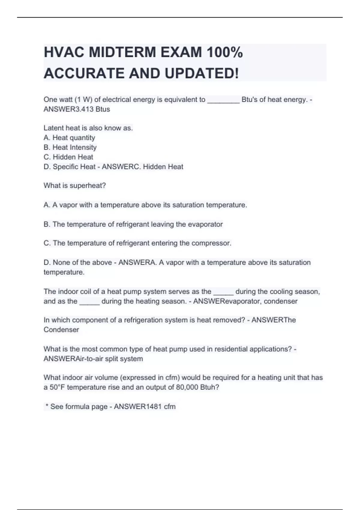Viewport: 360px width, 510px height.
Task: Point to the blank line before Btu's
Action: pyautogui.click(x=223, y=100)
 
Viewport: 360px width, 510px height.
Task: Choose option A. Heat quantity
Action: pyautogui.click(x=69, y=138)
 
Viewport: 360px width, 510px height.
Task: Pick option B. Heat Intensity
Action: pyautogui.click(x=70, y=147)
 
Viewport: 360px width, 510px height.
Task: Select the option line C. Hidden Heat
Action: pyautogui.click(x=68, y=157)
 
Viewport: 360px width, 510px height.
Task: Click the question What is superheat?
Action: pyautogui.click(x=75, y=185)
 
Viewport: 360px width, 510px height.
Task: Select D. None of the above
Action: pyautogui.click(x=78, y=262)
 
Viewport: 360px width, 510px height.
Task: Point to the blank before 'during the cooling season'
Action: pyautogui.click(x=223, y=292)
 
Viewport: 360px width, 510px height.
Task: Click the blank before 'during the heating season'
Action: pyautogui.click(x=89, y=302)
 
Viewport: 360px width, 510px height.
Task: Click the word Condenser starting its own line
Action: pyautogui.click(x=61, y=330)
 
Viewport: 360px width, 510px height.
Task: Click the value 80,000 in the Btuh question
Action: pyautogui.click(x=187, y=387)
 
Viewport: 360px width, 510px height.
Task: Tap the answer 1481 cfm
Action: pyautogui.click(x=160, y=406)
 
